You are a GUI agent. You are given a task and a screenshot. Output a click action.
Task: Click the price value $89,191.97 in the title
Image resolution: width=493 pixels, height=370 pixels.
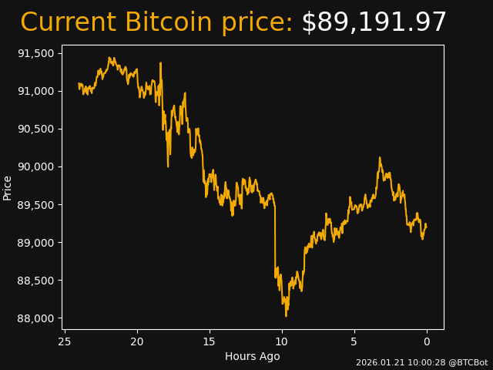point(374,23)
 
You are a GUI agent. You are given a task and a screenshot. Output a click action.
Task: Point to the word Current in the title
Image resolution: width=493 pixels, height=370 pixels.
point(68,23)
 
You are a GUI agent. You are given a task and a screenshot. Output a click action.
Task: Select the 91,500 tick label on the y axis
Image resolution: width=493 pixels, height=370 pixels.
point(36,53)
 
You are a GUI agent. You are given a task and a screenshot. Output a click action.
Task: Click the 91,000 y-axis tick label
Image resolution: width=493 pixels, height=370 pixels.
point(36,91)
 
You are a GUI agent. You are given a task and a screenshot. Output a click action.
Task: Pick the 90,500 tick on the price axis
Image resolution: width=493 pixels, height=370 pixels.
point(36,129)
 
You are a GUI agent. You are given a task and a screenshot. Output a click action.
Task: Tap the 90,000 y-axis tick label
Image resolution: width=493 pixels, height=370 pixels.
point(36,166)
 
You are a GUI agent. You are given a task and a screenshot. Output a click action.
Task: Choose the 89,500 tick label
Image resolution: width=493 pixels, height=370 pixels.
point(36,204)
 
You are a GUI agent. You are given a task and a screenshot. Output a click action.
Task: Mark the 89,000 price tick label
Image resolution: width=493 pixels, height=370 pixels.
point(36,243)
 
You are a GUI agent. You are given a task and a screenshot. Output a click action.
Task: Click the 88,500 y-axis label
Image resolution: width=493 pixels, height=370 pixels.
point(36,281)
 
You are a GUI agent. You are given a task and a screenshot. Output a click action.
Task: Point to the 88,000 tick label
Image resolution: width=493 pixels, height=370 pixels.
point(36,318)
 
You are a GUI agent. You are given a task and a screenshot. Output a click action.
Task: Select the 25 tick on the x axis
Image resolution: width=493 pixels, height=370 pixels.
point(65,341)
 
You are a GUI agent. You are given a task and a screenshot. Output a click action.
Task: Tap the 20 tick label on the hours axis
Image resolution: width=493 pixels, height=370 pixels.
point(137,341)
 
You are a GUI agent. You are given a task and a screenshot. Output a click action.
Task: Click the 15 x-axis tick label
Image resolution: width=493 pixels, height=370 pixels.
point(210,341)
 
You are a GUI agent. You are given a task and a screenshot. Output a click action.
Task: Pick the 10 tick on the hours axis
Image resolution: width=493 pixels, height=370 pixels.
point(282,341)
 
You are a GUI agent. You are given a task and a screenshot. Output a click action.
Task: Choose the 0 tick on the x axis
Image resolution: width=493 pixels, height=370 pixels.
point(427,341)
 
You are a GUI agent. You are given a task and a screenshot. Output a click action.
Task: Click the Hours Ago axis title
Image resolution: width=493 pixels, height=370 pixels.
point(253,356)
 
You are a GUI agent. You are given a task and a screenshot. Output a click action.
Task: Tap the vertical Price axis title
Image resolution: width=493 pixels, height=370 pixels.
point(8,187)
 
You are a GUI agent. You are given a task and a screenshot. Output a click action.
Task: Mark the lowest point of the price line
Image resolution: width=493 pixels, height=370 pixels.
point(286,316)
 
